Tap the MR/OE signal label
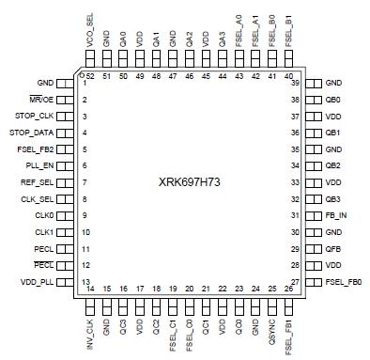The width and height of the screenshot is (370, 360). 41,100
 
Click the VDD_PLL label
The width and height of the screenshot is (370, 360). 37,282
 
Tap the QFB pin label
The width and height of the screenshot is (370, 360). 332,249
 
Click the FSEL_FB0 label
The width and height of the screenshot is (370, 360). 344,282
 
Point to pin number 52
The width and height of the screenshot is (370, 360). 90,75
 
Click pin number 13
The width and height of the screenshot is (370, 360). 85,282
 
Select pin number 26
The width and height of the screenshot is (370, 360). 287,289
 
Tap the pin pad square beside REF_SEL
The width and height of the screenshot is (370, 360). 66,182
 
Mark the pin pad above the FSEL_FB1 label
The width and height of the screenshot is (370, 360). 287,303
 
